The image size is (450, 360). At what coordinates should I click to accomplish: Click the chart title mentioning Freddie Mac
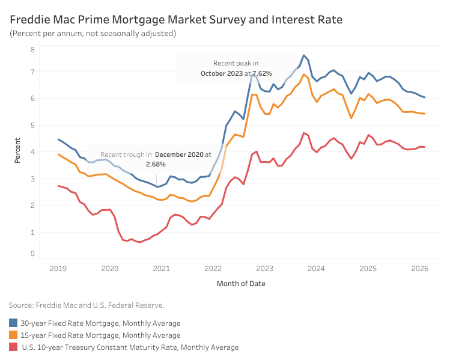point(176,20)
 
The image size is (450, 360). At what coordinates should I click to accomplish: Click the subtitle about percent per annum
point(93,34)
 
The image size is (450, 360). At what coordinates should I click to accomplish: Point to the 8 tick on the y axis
point(32,49)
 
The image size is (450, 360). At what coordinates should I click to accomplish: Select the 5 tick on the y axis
point(32,125)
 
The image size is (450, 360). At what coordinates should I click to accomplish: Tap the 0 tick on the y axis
point(32,254)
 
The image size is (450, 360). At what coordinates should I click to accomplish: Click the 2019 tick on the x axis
point(58,268)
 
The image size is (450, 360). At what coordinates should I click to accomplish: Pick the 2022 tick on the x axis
point(213,268)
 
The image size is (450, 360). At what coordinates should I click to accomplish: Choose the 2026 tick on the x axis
point(420,268)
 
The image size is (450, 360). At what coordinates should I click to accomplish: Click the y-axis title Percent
point(17,151)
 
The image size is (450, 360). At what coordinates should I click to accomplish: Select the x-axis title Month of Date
point(240,283)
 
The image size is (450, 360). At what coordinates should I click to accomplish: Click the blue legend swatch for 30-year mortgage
point(13,323)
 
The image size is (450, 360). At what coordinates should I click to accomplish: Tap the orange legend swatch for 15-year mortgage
point(13,335)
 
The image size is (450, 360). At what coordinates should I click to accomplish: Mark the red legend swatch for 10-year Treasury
point(13,347)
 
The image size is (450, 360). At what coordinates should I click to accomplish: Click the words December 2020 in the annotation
point(178,154)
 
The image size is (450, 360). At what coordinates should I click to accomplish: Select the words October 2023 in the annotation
point(222,73)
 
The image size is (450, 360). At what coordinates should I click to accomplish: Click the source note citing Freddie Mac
point(87,305)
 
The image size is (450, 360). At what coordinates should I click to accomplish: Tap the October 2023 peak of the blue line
point(304,55)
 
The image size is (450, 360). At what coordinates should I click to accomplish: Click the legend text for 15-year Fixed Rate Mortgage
point(100,335)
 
